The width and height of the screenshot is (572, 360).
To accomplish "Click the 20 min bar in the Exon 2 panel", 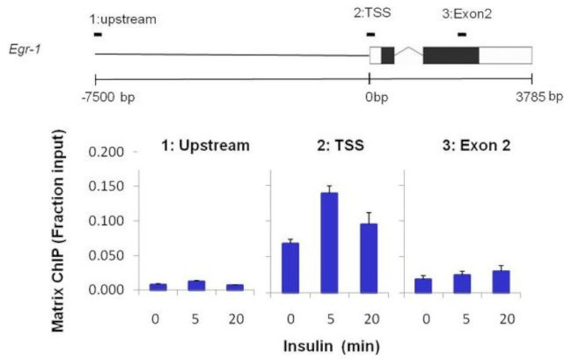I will pos(499,280).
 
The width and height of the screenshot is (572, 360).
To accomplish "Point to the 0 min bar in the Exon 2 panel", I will pos(422,283).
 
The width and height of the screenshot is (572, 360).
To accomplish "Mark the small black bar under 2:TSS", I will pos(370,34).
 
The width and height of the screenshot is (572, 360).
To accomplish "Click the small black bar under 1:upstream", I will pos(97,34).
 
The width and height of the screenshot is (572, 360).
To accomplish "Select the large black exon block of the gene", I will pos(451,54).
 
